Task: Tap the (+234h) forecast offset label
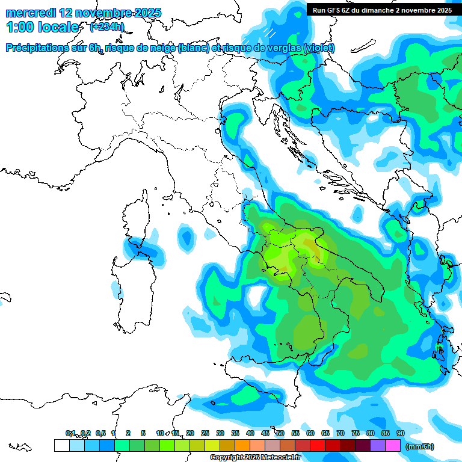106,26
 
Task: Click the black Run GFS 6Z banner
382,10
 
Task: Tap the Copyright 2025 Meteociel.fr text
254,457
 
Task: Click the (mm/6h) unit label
419,446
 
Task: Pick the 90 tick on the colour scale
400,433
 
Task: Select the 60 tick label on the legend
310,433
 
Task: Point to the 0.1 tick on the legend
70,433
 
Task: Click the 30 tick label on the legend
220,433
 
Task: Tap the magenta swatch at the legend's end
392,445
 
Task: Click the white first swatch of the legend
61,445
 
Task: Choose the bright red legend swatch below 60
317,445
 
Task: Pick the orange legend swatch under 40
242,445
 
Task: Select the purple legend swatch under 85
377,445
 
